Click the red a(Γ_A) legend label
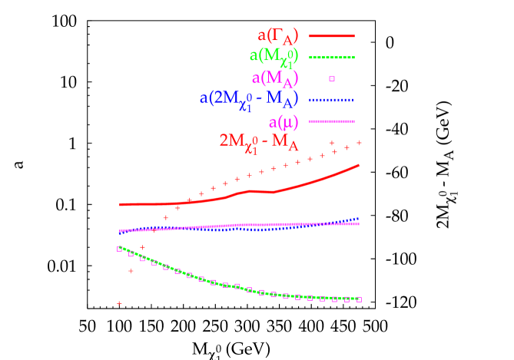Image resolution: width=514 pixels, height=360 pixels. pos(278,36)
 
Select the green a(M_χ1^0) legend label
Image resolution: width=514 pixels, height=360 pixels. pos(274,56)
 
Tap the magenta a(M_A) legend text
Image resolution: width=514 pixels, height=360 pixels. pos(275,78)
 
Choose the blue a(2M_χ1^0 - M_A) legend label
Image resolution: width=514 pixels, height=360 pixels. pos(249,100)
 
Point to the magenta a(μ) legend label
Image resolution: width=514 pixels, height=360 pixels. pos(284,121)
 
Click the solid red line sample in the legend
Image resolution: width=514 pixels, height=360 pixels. pos(331,36)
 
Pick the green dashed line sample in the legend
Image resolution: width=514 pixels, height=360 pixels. pos(331,58)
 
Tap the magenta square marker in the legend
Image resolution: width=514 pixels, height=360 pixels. pos(332,78)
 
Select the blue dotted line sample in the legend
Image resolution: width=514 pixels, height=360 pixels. pos(331,100)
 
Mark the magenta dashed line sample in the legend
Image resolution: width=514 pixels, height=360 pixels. pos(331,121)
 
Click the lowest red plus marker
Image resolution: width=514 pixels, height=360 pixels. pos(119,303)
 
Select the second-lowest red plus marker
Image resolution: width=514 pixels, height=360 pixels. pos(131,271)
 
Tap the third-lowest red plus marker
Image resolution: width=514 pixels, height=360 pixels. pos(142,247)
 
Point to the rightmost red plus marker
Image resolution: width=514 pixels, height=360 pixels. pos(359,143)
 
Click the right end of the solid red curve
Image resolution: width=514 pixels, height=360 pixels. pos(359,165)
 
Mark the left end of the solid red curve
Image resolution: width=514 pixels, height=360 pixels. pos(120,204)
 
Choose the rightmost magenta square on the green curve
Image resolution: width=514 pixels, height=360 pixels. pos(359,299)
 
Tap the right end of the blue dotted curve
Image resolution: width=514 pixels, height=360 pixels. pos(359,219)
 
